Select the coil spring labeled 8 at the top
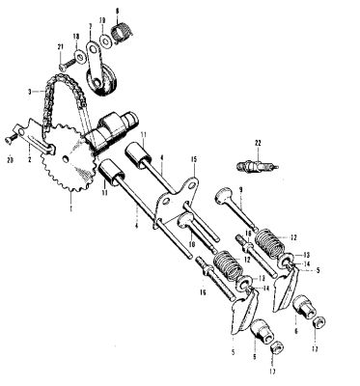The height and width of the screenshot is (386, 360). pos(121,37)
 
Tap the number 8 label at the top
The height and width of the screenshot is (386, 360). pos(117,12)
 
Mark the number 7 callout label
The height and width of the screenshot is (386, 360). pos(91,28)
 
